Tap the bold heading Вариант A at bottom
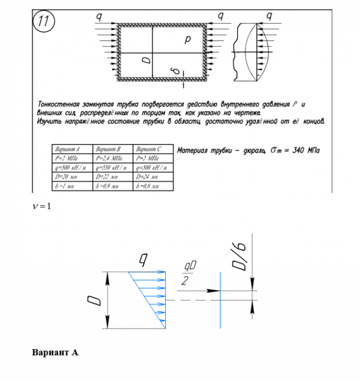(x=55, y=352)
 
